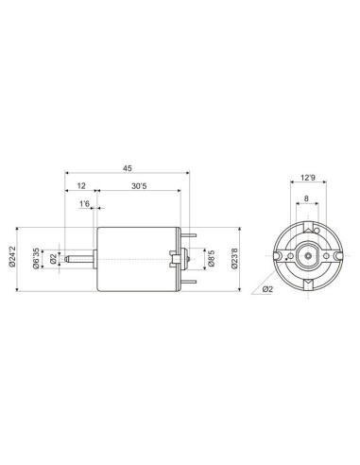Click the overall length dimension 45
coord(126,168)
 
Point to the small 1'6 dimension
coord(84,203)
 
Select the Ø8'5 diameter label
coord(209,256)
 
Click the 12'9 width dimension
coord(306,177)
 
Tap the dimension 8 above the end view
coord(306,198)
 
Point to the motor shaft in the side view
coord(80,256)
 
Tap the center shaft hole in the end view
coord(306,255)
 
